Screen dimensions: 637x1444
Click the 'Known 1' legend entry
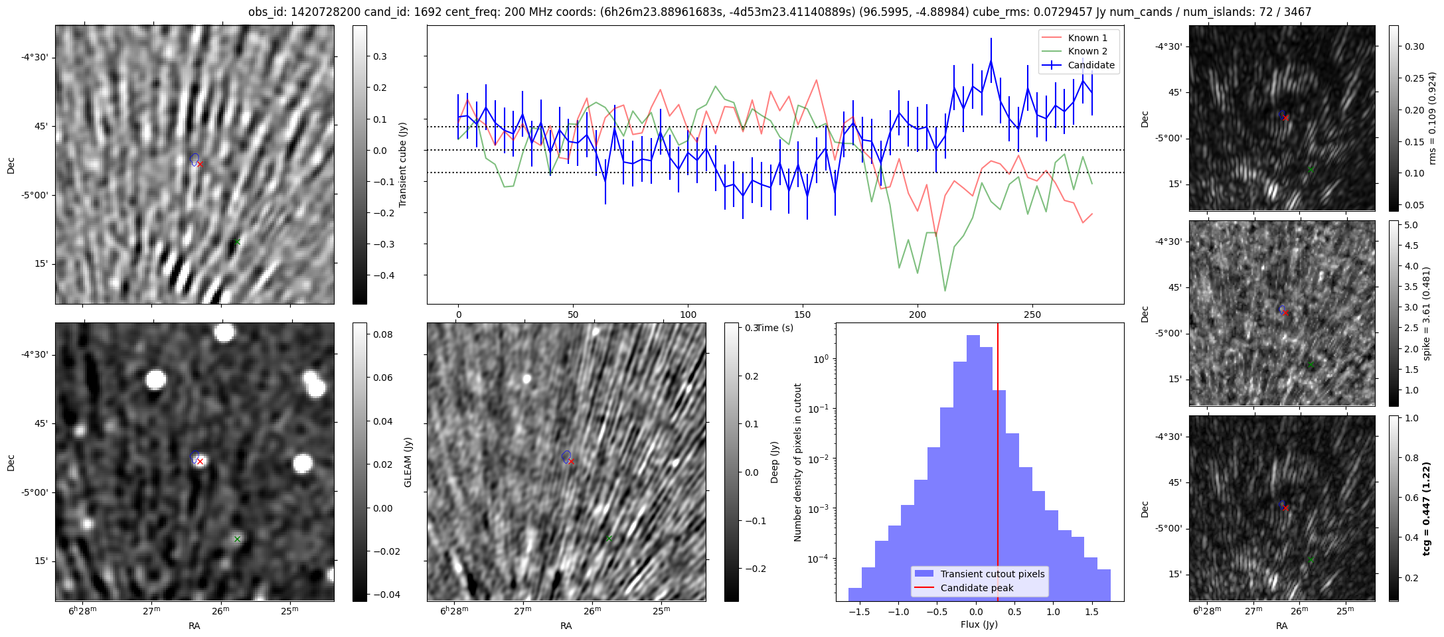click(1087, 38)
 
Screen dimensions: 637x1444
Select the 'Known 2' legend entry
click(1087, 51)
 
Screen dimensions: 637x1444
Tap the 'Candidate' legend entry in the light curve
click(1091, 65)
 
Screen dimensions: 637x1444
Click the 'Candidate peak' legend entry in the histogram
click(977, 588)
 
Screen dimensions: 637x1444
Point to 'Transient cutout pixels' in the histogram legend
click(992, 574)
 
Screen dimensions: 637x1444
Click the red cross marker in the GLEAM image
click(200, 461)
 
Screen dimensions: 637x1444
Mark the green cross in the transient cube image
click(237, 242)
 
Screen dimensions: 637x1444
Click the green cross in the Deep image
click(609, 538)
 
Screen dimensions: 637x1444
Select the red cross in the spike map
click(1286, 313)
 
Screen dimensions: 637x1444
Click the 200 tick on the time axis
click(917, 314)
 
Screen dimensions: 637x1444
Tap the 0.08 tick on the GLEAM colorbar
click(382, 334)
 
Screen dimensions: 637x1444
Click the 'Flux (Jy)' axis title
click(979, 624)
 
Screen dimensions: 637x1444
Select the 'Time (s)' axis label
click(775, 328)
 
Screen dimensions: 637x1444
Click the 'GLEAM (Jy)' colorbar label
click(408, 462)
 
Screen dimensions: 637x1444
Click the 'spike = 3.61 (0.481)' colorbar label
click(1426, 313)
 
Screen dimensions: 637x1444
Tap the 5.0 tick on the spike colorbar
click(1411, 225)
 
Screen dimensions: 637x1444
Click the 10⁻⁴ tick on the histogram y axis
click(819, 559)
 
